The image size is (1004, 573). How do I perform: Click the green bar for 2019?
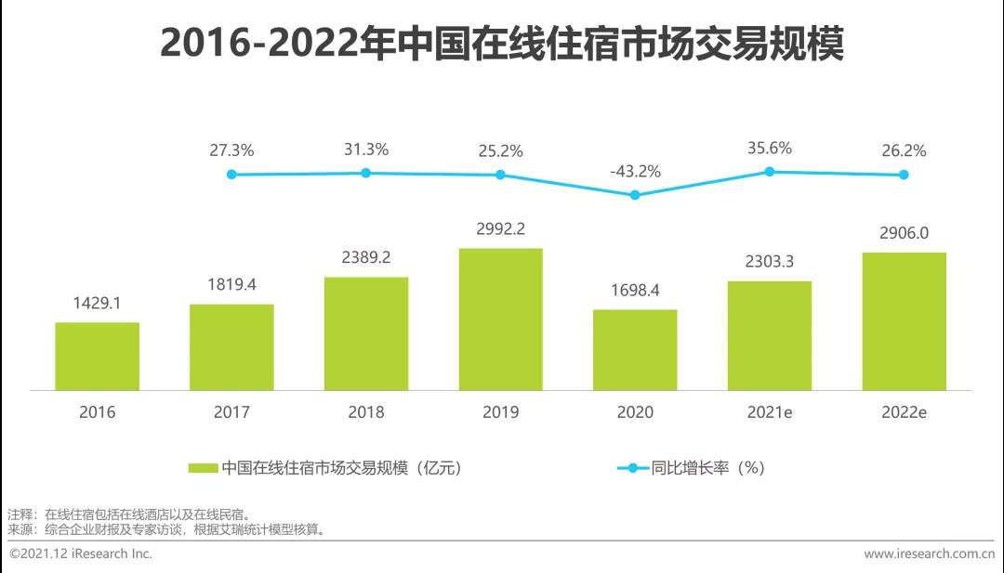500,319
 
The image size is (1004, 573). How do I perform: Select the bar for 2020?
635,349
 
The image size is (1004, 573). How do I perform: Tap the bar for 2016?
97,356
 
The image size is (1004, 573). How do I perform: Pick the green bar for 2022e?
904,320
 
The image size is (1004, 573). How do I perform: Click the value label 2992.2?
500,229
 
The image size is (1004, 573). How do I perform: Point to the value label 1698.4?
635,291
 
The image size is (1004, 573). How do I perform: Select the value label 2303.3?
769,262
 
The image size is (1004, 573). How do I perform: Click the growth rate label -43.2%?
635,171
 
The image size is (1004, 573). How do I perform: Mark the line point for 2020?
635,195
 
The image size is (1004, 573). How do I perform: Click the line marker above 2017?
231,174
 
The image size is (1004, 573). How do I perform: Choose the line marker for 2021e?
770,171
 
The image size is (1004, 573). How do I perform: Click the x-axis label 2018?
366,411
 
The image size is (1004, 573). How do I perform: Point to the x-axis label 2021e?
769,411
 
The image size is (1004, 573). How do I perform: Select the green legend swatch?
203,468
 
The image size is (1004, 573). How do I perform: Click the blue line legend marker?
633,468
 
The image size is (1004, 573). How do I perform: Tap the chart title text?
501,45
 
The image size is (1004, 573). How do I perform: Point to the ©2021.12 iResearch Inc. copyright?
80,553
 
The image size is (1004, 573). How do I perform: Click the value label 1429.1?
97,304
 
